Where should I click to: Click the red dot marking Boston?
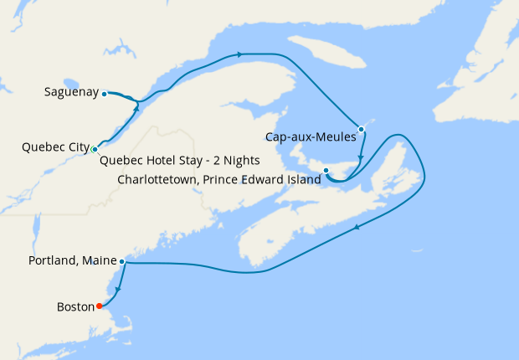coord(100,306)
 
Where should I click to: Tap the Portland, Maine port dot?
coord(122,262)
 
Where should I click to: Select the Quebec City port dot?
coord(95,149)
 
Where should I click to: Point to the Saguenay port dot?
coord(104,94)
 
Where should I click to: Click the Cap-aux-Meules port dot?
coord(360,129)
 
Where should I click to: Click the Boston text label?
coord(75,306)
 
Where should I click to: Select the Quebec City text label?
coord(55,148)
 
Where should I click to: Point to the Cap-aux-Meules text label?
coord(311,137)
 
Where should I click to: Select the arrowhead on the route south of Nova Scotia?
coord(358,226)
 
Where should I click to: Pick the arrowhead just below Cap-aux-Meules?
coord(360,158)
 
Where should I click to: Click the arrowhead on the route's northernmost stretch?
coord(240,54)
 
